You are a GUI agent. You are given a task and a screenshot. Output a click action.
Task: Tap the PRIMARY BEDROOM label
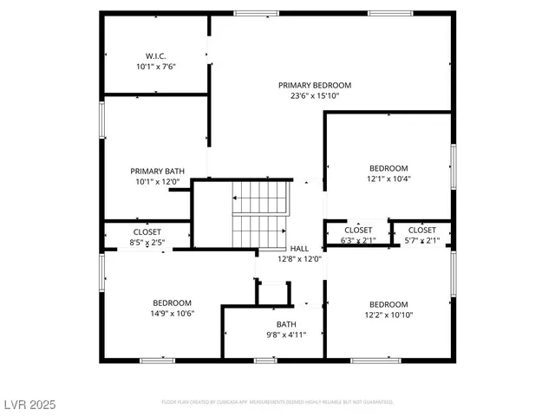point(315,85)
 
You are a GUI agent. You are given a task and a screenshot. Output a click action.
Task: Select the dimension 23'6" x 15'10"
point(315,96)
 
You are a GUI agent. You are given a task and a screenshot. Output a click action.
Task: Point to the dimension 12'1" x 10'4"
point(388,179)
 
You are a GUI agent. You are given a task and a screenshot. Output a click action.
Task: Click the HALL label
point(299,248)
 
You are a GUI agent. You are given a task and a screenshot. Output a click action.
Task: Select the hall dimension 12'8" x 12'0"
point(299,259)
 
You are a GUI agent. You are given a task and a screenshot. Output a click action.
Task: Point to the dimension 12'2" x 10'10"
point(388,315)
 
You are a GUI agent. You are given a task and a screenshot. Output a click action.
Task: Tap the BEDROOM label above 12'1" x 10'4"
point(388,168)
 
